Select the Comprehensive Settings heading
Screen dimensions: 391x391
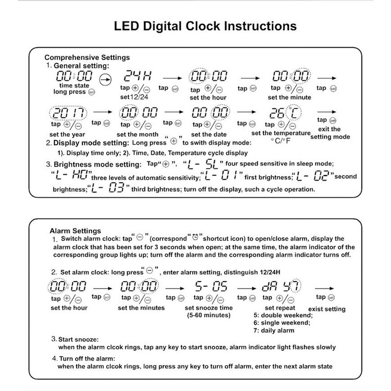(x=87, y=57)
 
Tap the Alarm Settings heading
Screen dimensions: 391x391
(x=76, y=230)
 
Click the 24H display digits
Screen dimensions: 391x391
(x=134, y=76)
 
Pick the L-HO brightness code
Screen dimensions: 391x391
(x=68, y=176)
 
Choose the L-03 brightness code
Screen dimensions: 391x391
(x=109, y=189)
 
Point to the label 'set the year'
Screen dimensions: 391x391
(x=68, y=134)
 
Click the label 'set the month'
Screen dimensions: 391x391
(x=137, y=134)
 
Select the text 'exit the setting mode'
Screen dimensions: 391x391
(x=330, y=133)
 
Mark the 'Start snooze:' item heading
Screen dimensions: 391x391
(x=81, y=341)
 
